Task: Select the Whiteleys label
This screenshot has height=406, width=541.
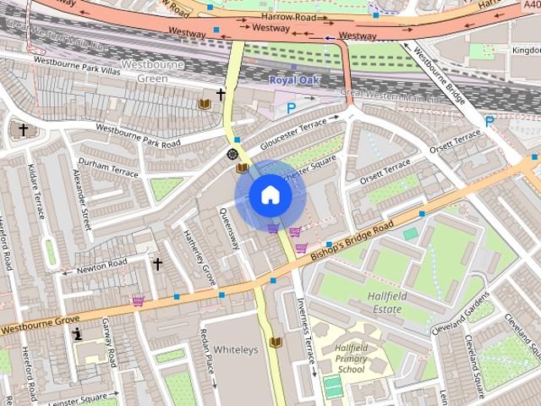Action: point(234,349)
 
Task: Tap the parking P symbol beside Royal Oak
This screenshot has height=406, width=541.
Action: point(292,107)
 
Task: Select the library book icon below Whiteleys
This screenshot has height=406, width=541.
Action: point(275,342)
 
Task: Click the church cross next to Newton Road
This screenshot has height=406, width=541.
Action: point(156,264)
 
